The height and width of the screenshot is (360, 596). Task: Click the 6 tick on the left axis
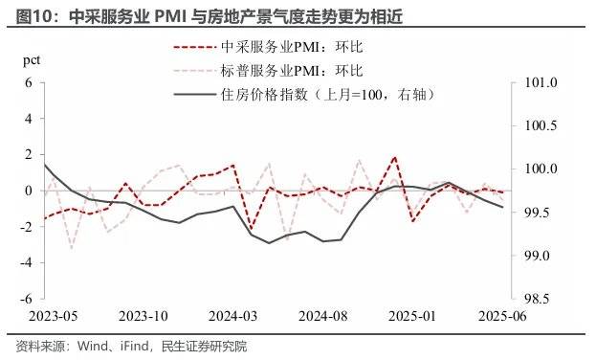[x=29, y=83]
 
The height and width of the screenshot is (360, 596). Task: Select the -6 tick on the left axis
[x=26, y=299]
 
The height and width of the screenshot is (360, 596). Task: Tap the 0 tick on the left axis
[x=29, y=191]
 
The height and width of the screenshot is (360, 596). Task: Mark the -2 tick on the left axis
[x=26, y=227]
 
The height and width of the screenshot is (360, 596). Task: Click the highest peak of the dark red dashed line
[x=394, y=156]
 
